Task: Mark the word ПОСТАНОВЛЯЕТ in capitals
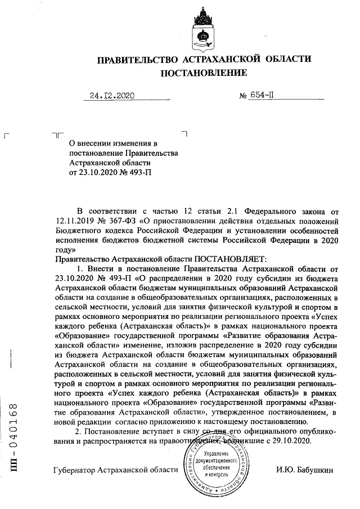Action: click(x=228, y=259)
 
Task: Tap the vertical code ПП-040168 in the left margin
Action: click(x=16, y=433)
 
